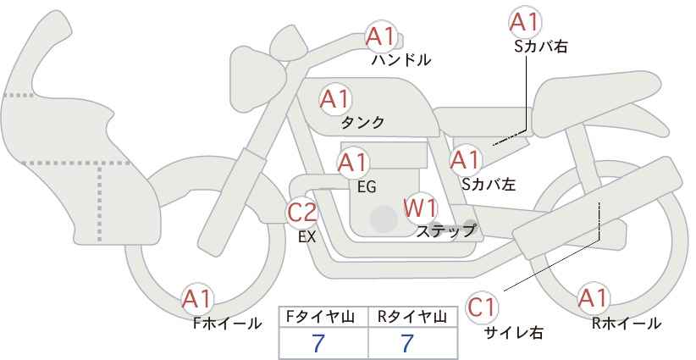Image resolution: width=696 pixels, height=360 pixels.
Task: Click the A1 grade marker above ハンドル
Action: point(380,36)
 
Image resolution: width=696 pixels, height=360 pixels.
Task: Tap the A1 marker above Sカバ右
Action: point(524,22)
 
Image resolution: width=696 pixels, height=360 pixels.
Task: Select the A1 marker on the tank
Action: point(335,99)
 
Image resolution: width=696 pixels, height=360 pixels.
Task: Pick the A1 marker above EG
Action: point(353,163)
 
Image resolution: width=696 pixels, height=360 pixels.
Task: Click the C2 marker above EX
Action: point(301,213)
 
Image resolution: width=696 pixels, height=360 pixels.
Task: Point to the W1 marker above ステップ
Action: point(420,208)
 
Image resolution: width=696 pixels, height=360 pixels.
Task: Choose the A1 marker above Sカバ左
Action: point(465,160)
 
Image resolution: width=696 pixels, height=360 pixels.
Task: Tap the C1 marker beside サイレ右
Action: point(482,307)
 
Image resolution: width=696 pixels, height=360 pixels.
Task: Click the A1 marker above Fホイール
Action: point(197,300)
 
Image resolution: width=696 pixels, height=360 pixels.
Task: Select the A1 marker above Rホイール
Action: point(593,298)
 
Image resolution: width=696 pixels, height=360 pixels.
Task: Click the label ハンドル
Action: point(401,60)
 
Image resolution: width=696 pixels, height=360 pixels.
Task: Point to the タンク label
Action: point(362,123)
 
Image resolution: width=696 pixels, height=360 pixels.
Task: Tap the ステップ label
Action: point(445,231)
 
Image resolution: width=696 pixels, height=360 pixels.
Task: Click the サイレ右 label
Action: point(514,333)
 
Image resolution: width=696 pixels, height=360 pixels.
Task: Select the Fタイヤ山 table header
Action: point(320,317)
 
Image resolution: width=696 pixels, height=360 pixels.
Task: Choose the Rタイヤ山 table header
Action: point(412,317)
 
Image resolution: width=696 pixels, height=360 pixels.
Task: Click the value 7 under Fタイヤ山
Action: point(318,343)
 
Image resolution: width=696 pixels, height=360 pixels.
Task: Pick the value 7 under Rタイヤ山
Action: point(407,343)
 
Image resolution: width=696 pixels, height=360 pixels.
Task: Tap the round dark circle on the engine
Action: point(384,219)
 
